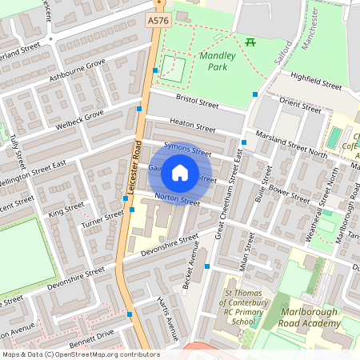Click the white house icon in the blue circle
[180, 172]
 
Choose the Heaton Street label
[193, 127]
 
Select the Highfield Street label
[316, 79]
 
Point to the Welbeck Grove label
[80, 121]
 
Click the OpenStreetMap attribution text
[81, 354]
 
